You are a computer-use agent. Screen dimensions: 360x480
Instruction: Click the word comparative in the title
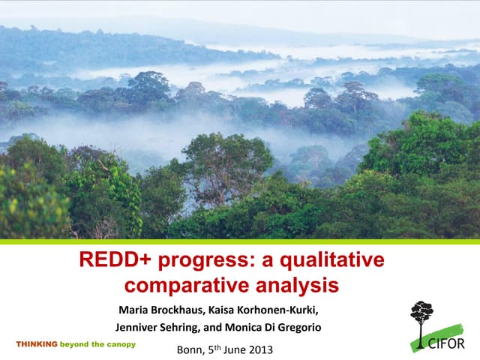point(177,286)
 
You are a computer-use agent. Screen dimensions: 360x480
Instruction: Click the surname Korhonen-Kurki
point(287,310)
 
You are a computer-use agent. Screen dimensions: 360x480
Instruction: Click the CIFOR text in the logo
point(452,344)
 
